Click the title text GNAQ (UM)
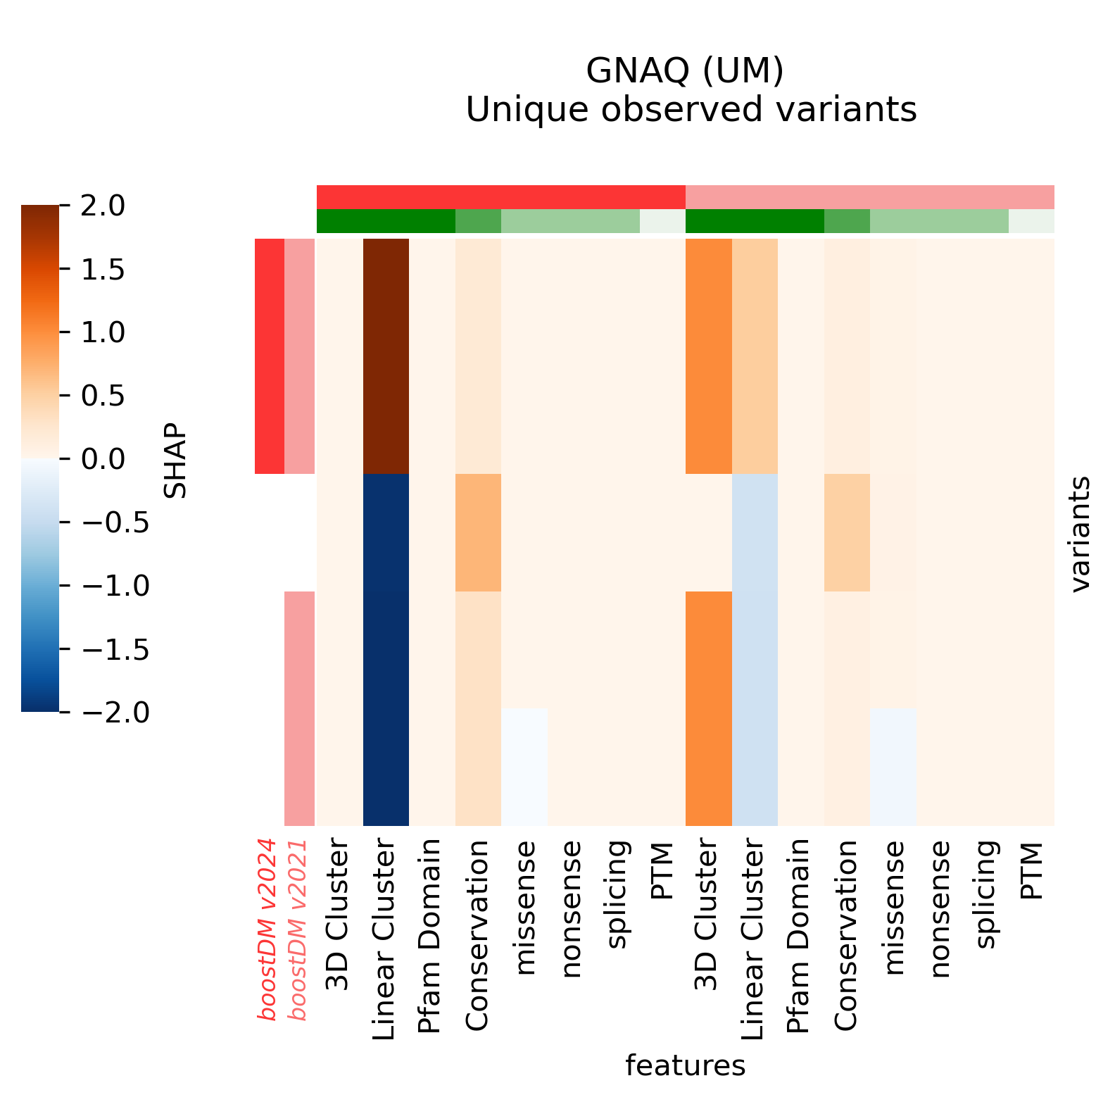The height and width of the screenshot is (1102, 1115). pyautogui.click(x=685, y=70)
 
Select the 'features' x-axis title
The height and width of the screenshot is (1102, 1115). pyautogui.click(x=685, y=1065)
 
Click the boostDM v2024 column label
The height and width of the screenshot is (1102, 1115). pyautogui.click(x=267, y=929)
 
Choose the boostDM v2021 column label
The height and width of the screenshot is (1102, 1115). pyautogui.click(x=299, y=929)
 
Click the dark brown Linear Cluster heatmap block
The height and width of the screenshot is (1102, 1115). pyautogui.click(x=386, y=356)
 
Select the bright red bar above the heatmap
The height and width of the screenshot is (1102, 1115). pyautogui.click(x=500, y=197)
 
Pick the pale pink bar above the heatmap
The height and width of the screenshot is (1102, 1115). pyautogui.click(x=869, y=197)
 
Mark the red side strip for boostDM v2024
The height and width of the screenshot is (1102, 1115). pyautogui.click(x=269, y=356)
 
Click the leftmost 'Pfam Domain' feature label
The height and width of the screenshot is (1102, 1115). pyautogui.click(x=429, y=937)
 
